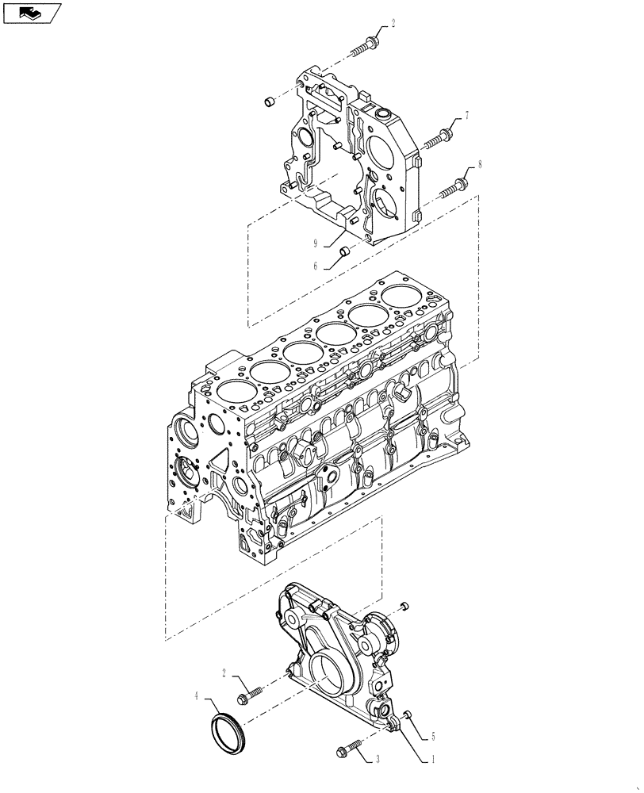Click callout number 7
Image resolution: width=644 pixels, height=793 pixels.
click(x=467, y=116)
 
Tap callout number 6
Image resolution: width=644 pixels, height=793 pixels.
click(x=315, y=266)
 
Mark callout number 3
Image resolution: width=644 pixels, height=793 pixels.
click(x=378, y=759)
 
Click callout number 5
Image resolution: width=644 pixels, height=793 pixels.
click(x=433, y=735)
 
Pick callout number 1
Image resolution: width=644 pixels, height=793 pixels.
click(x=432, y=759)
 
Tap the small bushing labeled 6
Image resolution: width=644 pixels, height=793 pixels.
click(x=345, y=252)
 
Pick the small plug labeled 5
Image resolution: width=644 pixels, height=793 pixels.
click(x=407, y=714)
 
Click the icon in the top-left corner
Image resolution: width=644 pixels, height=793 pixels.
click(x=32, y=12)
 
